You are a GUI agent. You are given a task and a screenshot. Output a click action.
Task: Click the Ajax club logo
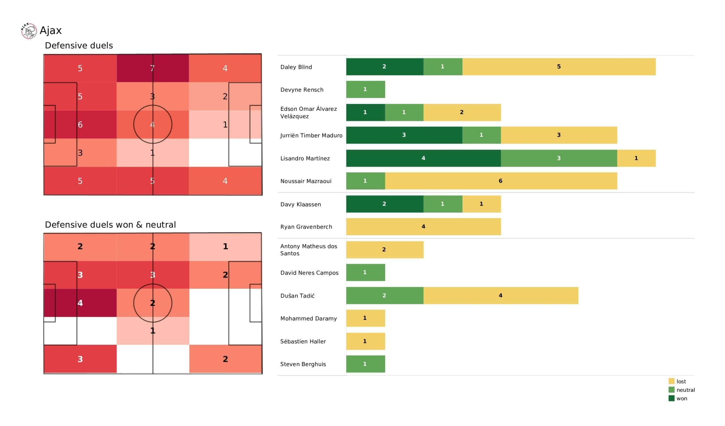(29, 31)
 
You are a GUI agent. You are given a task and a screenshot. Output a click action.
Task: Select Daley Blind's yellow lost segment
(559, 67)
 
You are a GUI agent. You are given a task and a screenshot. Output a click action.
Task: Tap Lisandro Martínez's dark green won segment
(423, 158)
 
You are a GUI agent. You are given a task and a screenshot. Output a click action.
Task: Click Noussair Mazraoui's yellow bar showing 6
(501, 181)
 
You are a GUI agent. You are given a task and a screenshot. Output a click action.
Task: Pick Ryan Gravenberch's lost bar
(423, 227)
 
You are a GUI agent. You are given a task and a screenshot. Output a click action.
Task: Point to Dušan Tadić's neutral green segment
(384, 296)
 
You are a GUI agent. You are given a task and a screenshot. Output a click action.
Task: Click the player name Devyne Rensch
(302, 90)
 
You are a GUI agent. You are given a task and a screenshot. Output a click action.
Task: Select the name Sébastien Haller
(303, 342)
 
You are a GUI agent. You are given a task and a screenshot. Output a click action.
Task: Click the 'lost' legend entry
(681, 381)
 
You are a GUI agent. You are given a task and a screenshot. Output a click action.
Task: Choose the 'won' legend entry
(681, 399)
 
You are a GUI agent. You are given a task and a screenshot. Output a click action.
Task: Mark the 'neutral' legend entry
(685, 390)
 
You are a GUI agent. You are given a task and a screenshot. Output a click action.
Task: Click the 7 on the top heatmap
(152, 68)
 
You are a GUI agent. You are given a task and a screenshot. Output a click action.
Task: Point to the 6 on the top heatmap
(80, 125)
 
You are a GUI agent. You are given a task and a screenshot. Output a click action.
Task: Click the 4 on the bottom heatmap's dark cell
(80, 303)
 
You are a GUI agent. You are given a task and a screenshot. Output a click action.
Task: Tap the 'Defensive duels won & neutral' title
(110, 225)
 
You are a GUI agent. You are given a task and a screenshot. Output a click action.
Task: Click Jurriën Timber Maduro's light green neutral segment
(481, 135)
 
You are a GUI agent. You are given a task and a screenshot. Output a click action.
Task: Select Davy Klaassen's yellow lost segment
(481, 204)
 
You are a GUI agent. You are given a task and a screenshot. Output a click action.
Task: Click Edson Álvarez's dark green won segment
(365, 112)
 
